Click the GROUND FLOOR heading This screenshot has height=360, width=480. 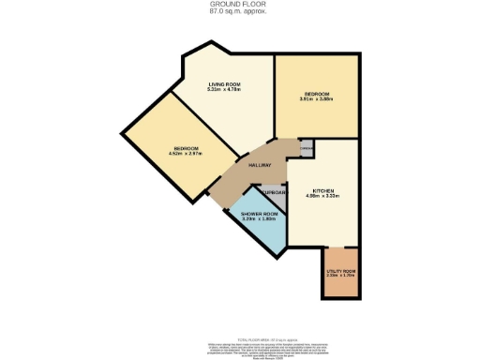(x=239, y=5)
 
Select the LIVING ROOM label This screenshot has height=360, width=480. (x=225, y=85)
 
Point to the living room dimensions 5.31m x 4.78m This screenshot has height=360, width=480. (x=225, y=91)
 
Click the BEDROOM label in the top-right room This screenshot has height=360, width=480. (x=316, y=94)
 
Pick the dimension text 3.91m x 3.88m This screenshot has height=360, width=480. (x=316, y=99)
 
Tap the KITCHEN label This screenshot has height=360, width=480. (x=322, y=189)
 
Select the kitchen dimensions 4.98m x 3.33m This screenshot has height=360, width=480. (x=322, y=195)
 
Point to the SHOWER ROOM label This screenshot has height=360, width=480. (x=257, y=214)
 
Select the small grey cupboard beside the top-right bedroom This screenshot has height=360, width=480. (x=306, y=148)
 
